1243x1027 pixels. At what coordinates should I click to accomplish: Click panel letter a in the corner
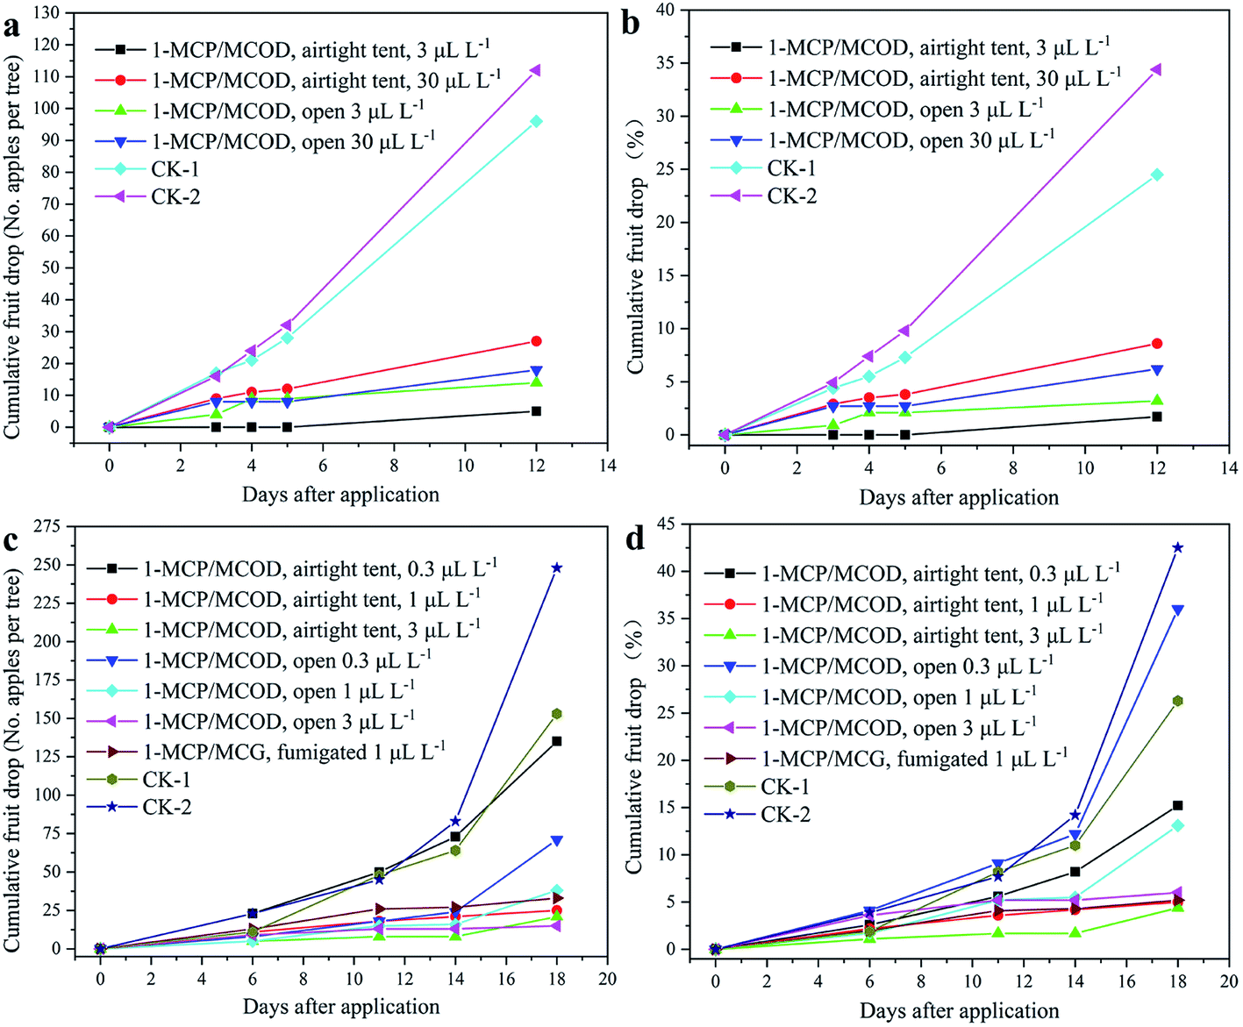(x=11, y=26)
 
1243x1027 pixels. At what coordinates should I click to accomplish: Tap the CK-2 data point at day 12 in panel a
(x=535, y=70)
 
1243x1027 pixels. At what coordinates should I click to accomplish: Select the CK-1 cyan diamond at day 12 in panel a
(x=535, y=122)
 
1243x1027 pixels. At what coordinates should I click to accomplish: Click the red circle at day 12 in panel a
(x=536, y=341)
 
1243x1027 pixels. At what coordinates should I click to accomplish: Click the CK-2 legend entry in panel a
(x=175, y=196)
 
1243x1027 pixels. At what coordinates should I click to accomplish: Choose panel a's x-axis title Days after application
(x=340, y=495)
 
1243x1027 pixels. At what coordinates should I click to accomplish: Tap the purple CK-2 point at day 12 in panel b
(x=1156, y=69)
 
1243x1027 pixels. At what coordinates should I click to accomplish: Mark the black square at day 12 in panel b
(x=1157, y=417)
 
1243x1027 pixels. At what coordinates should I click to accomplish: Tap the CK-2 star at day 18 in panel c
(x=556, y=568)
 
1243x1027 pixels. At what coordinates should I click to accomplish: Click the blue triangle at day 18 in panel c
(x=556, y=841)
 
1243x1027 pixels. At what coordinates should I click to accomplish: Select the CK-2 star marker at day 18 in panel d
(x=1177, y=547)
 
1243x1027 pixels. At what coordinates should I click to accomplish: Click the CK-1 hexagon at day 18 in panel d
(x=1177, y=701)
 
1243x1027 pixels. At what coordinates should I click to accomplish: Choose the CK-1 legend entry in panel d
(x=784, y=787)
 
